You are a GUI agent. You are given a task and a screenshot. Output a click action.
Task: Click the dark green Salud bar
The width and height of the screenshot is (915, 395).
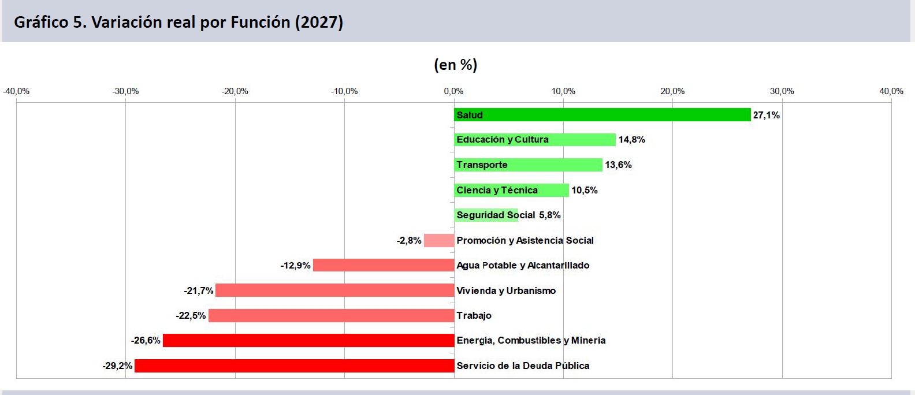coord(602,115)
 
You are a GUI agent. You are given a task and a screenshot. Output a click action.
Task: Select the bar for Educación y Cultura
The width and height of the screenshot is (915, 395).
coord(535,140)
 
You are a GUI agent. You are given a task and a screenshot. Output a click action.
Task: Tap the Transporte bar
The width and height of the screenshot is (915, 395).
coord(528,165)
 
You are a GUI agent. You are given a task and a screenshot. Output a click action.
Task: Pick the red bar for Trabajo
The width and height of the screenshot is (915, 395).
coord(331,315)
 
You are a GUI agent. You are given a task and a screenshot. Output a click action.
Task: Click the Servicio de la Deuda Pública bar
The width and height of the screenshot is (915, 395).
coord(295,366)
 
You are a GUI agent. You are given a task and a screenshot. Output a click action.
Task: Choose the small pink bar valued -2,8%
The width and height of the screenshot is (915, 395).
coord(439,240)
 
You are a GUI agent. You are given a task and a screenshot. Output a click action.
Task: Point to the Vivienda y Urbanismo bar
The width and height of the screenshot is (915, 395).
coord(335,290)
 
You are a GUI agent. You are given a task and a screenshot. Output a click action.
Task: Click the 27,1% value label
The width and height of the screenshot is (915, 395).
coord(767,115)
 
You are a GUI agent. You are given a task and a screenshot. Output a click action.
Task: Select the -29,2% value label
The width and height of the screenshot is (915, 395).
coord(117,366)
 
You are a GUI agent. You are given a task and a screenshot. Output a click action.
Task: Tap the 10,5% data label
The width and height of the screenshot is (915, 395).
coord(585,190)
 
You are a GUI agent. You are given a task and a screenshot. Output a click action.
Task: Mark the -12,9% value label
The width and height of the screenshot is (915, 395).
coord(295,266)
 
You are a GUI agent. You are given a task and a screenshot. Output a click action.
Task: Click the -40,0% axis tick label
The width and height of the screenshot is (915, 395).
coord(16,91)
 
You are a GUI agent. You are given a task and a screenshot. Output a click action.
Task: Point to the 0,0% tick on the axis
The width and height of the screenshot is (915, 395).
coord(454,91)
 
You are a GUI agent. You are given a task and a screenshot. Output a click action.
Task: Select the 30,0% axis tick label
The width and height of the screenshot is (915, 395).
coord(782,91)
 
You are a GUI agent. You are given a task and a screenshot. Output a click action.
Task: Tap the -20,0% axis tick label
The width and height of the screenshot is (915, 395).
coord(235,91)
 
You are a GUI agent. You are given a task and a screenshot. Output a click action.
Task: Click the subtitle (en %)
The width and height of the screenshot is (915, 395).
coord(455,65)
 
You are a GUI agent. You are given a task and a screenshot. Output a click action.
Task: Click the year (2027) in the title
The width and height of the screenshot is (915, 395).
coord(319,22)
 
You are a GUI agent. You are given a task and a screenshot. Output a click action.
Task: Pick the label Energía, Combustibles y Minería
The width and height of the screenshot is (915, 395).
coord(531,340)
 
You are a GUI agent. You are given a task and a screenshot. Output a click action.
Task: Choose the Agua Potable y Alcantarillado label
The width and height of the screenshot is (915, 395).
coord(523,266)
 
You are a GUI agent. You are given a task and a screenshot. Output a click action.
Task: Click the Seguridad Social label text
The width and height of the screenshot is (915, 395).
coord(496,215)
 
